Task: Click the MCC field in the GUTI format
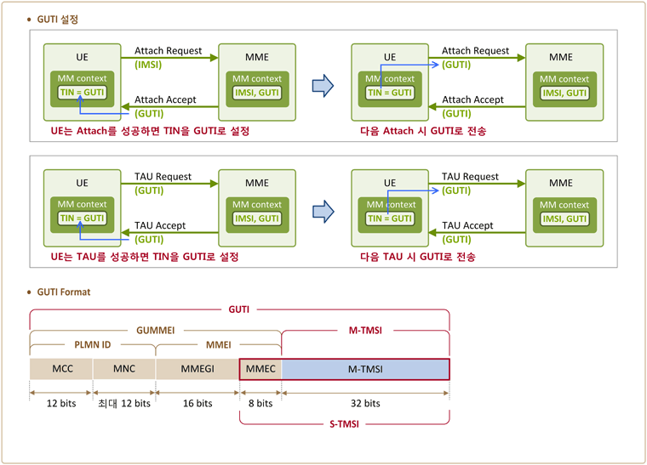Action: point(61,369)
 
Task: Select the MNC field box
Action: point(124,369)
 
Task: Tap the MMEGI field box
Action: point(198,369)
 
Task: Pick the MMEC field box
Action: point(261,369)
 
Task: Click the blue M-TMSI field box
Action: point(365,369)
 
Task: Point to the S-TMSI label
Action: point(344,424)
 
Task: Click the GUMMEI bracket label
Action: point(156,331)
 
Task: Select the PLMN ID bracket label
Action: point(93,345)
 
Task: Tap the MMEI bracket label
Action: point(219,345)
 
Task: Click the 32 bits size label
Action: point(365,403)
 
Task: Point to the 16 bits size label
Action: point(198,403)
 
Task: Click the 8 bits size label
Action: point(261,403)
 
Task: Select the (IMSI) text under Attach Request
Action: point(148,65)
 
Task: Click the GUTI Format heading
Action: point(64,292)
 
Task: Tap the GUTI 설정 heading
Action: point(57,20)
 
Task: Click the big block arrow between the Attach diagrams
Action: point(323,86)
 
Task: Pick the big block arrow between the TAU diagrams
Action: point(323,212)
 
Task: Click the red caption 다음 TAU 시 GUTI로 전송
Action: point(418,257)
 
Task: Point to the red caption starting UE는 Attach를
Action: point(150,131)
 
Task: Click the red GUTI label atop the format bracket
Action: point(239,309)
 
